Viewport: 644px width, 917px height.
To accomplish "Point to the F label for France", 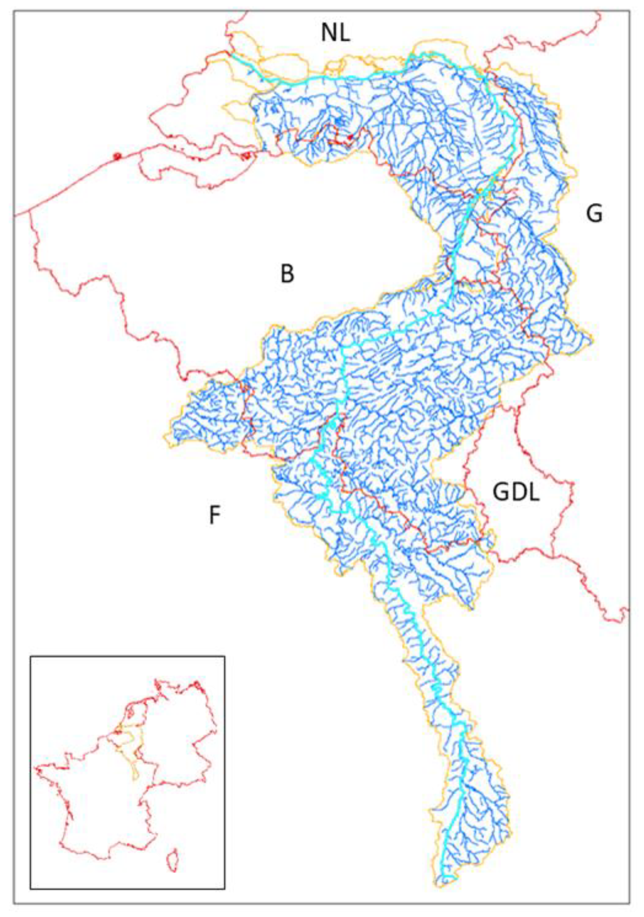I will click(x=215, y=516).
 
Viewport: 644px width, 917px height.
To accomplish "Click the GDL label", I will click(x=516, y=493).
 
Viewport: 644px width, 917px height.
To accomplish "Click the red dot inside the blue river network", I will click(x=350, y=137).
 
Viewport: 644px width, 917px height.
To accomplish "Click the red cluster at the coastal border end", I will click(x=246, y=155).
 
